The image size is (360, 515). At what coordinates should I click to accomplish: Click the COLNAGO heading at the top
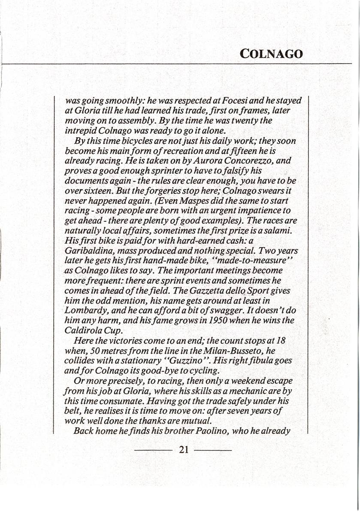point(271,54)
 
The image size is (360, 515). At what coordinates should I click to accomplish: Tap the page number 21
point(184,450)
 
